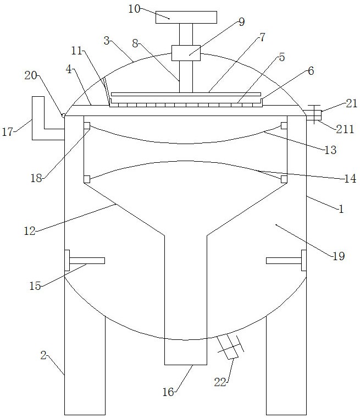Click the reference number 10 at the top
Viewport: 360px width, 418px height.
tap(134, 9)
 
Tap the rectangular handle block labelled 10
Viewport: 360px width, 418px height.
tap(176, 17)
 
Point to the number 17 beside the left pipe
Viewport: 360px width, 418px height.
tap(8, 132)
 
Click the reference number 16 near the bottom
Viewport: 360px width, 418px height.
tap(168, 392)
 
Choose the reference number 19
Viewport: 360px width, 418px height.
tap(339, 255)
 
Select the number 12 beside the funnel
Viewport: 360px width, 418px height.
tap(30, 232)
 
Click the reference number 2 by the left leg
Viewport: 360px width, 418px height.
tap(43, 356)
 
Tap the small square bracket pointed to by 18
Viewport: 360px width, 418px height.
tap(87, 126)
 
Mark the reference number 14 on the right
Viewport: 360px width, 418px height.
tap(350, 179)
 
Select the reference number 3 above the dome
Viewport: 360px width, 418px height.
tap(107, 40)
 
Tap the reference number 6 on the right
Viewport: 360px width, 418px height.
tap(311, 70)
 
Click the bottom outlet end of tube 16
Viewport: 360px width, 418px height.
tap(186, 363)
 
